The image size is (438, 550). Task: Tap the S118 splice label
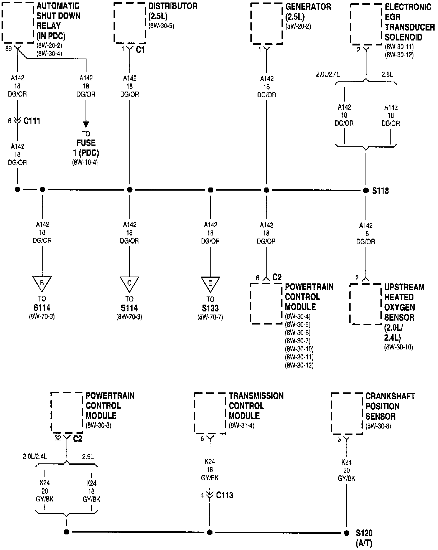tap(380, 191)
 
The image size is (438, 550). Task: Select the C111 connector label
tap(32, 121)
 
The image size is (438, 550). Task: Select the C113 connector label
tap(225, 495)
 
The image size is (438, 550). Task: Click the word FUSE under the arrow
tap(86, 143)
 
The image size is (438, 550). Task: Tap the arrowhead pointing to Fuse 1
tap(86, 125)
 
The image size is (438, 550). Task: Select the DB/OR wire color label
tap(391, 123)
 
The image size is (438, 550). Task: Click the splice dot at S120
tap(347, 533)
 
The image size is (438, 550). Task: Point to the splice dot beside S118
tap(366, 190)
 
